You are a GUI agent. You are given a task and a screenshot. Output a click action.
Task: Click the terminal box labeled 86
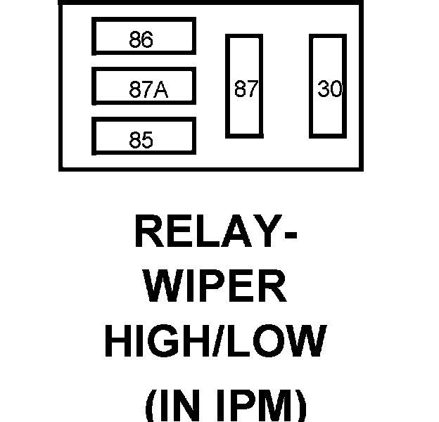(143, 38)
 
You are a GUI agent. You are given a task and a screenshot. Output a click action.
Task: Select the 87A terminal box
(143, 87)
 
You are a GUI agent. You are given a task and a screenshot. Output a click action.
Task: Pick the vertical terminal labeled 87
(243, 86)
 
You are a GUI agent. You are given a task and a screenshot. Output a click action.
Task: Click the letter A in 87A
(163, 90)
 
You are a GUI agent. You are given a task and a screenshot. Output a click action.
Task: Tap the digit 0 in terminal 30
(335, 89)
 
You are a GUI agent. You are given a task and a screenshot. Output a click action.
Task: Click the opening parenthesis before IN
(150, 407)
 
